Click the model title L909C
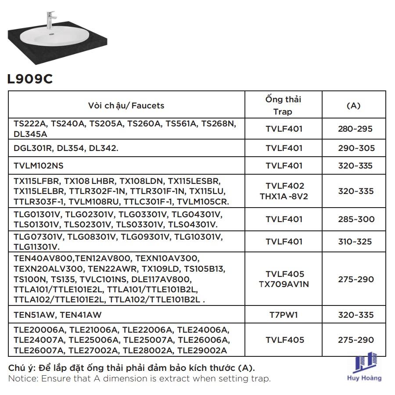[x=30, y=79]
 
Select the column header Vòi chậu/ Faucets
[x=126, y=105]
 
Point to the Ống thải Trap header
[x=283, y=105]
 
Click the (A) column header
[x=353, y=105]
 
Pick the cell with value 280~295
[x=355, y=129]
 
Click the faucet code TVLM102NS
[x=39, y=165]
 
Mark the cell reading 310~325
[x=355, y=241]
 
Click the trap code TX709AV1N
[x=284, y=284]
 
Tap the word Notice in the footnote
[x=22, y=378]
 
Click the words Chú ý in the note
[x=21, y=368]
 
